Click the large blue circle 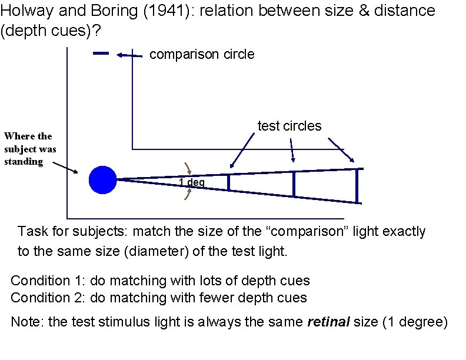(x=103, y=179)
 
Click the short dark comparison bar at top (x=101, y=54)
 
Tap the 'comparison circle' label (x=202, y=55)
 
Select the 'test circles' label (x=289, y=126)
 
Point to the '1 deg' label (x=192, y=183)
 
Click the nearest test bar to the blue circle (x=228, y=182)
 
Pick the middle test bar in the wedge (x=294, y=184)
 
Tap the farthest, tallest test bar (x=357, y=186)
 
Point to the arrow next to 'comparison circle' (x=129, y=55)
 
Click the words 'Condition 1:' (x=48, y=281)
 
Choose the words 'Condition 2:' (x=48, y=298)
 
